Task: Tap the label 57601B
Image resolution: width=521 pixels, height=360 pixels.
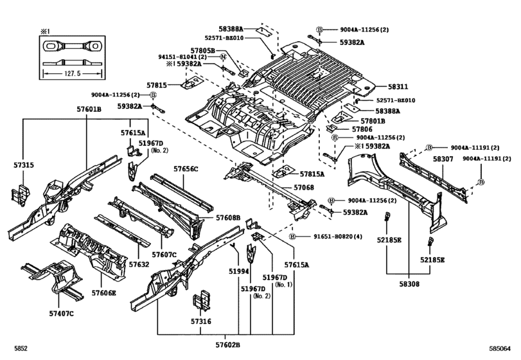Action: click(87, 109)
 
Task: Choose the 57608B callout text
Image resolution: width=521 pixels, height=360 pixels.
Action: click(227, 219)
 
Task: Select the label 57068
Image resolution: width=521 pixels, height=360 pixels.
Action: click(304, 187)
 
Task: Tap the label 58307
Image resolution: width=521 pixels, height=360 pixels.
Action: click(444, 158)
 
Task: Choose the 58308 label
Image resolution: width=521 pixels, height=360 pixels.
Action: click(408, 282)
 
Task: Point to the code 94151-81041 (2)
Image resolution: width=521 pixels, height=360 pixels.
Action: click(186, 57)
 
